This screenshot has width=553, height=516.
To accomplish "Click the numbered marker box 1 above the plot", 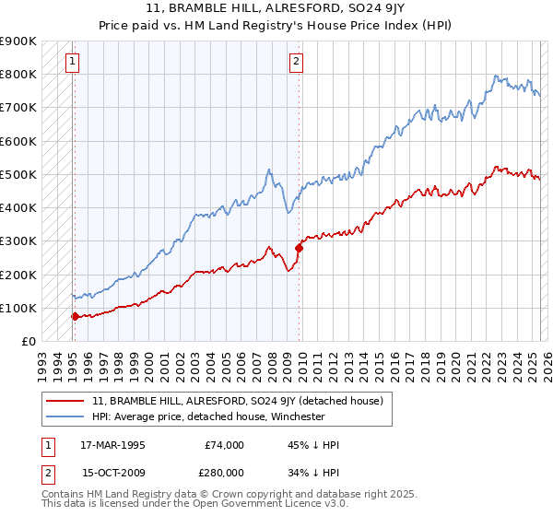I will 72,63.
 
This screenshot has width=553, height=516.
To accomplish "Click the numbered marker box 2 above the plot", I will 296,63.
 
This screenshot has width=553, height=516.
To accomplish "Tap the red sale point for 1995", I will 75,316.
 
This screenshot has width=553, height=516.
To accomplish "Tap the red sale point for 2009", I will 299,247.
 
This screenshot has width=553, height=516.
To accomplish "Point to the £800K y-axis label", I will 18,74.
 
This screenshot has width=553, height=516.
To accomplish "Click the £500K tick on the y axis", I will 18,174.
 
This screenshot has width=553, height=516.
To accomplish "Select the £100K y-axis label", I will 18,308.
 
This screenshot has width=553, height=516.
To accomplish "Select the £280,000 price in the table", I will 226,473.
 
